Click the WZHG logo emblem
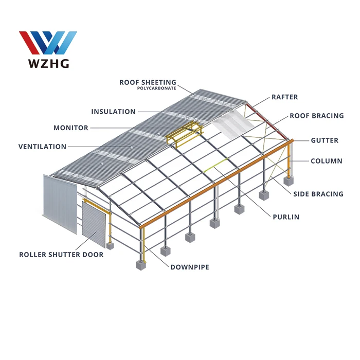coord(48,43)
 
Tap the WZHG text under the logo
coord(47,64)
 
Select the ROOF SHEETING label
coord(148,82)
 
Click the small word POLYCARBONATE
coord(156,89)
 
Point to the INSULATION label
coord(113,112)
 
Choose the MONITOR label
coord(71,128)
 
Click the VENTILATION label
coord(42,147)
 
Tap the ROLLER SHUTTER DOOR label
coord(61,255)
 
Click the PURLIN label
coord(285,217)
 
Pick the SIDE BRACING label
coord(318,194)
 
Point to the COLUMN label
coord(326,161)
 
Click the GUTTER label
coord(324,140)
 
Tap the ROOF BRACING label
coord(316,116)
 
